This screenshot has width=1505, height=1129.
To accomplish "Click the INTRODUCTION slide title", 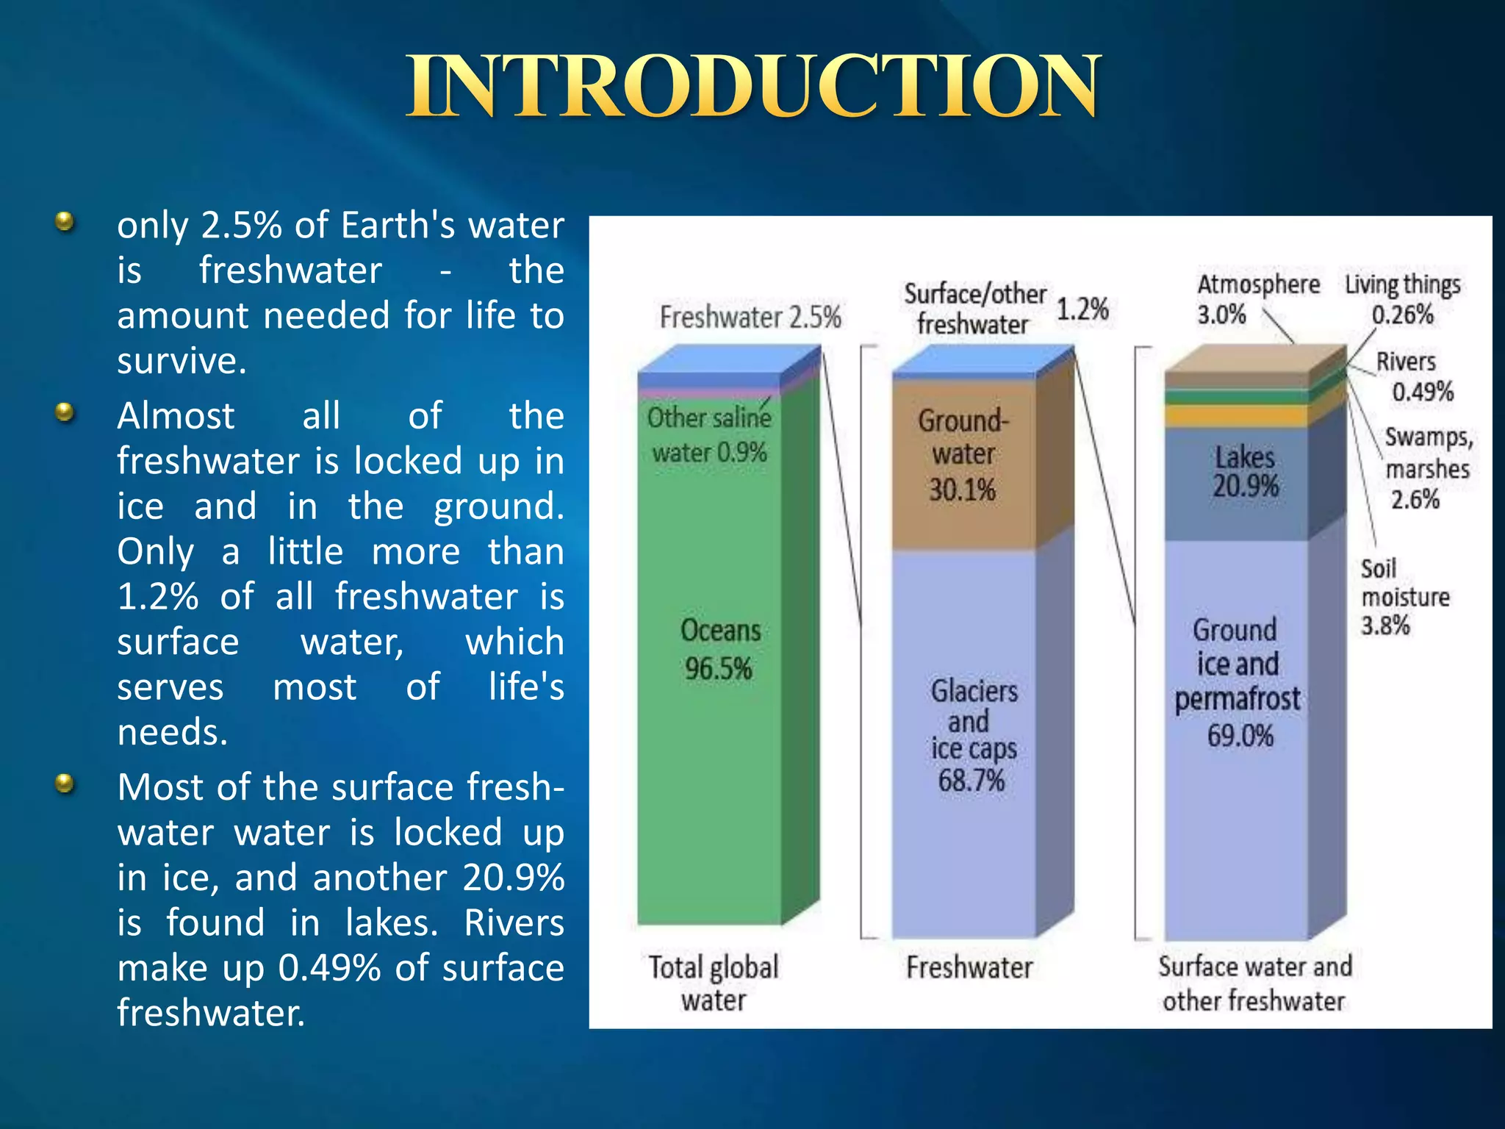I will pyautogui.click(x=752, y=87).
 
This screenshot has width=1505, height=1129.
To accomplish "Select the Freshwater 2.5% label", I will pyautogui.click(x=750, y=318).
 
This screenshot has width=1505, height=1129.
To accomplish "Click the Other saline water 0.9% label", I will pyautogui.click(x=709, y=435).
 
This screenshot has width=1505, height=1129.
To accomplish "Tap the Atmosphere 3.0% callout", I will pyautogui.click(x=1257, y=299).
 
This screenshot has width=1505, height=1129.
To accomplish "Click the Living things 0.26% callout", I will pyautogui.click(x=1402, y=299).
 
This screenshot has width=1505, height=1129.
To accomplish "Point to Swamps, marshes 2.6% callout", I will pyautogui.click(x=1427, y=468).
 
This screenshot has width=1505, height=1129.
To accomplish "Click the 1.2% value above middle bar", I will pyautogui.click(x=1082, y=309).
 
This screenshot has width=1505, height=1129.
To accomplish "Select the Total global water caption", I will pyautogui.click(x=713, y=983).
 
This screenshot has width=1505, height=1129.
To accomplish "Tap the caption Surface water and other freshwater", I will pyautogui.click(x=1254, y=983).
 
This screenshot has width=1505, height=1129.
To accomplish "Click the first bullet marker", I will pyautogui.click(x=65, y=222).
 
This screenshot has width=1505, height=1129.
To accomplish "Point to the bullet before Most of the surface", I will pyautogui.click(x=65, y=784).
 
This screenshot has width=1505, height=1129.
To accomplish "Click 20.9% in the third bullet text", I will pyautogui.click(x=513, y=878).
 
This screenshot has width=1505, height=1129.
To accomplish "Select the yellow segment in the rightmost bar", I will pyautogui.click(x=1236, y=417).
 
